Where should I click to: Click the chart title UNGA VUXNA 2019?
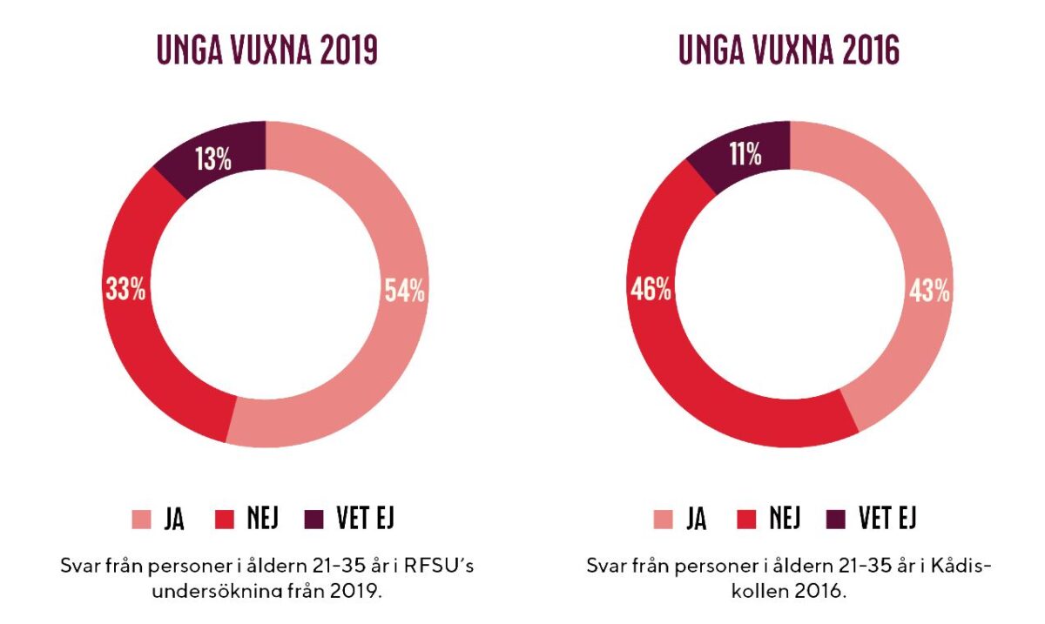266,51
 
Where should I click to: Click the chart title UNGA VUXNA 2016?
789,51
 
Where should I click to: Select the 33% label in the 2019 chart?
125,290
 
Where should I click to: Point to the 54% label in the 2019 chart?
405,291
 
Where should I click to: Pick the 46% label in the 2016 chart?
651,290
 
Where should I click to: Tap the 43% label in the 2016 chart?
929,291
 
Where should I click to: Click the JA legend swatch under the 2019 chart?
141,520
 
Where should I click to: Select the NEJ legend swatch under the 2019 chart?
226,520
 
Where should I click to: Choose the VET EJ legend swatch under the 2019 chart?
315,520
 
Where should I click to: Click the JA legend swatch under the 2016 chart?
664,520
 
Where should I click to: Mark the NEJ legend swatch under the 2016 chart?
748,520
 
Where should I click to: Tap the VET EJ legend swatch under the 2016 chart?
838,520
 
